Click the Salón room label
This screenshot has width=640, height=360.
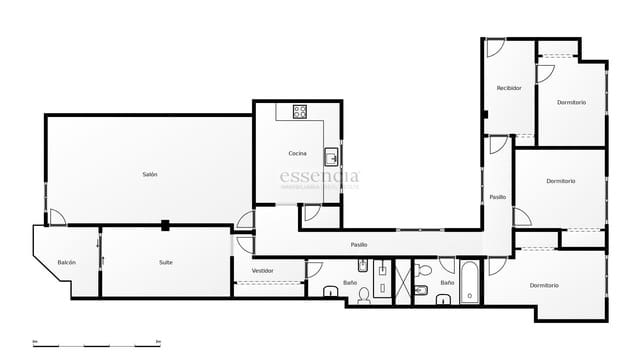point(149,175)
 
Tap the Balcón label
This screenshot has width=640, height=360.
point(66,262)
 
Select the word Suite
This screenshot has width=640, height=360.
point(165,262)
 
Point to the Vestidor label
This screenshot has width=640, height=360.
point(263,271)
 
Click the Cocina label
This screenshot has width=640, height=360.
point(297,153)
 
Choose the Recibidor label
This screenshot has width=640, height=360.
point(509,88)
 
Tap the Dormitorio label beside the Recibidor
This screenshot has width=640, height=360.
point(571,103)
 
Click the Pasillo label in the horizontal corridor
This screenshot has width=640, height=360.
point(358,245)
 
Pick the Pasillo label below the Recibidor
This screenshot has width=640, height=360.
point(497,197)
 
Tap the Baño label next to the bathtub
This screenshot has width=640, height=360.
point(447,282)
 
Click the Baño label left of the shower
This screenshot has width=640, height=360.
point(350,282)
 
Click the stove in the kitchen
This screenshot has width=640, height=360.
point(299,112)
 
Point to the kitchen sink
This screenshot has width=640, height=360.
point(331,156)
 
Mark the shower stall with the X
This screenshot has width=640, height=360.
point(404,282)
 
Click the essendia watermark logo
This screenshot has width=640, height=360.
point(319,178)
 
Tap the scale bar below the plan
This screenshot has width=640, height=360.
point(97,343)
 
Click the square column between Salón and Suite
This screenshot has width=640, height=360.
point(165,225)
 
